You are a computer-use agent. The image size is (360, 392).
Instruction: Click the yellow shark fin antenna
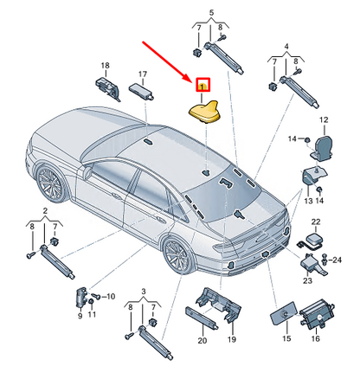tap(203, 112)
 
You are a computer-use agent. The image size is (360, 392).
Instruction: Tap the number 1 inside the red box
tap(202, 86)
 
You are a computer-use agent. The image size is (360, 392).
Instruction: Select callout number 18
tap(106, 66)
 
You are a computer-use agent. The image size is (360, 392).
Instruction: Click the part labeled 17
tap(140, 90)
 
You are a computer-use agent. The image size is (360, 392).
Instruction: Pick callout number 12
tap(324, 119)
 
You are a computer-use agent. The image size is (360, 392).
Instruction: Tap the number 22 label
tap(316, 222)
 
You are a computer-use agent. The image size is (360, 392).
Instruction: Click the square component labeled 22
tap(314, 239)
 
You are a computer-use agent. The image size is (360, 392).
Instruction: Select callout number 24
tap(337, 260)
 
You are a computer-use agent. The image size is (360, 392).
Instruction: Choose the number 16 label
tap(316, 338)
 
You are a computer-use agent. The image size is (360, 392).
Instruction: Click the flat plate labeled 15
tap(283, 313)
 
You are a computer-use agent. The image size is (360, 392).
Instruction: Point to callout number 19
tap(232, 339)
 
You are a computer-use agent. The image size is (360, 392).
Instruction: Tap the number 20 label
tap(202, 340)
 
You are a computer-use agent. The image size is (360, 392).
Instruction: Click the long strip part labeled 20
tap(202, 318)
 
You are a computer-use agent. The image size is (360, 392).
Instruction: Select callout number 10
tap(111, 296)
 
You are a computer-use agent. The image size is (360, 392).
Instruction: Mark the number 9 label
tap(80, 316)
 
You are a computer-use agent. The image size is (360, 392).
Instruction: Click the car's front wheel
tap(51, 183)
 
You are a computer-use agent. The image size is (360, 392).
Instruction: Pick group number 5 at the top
tap(211, 13)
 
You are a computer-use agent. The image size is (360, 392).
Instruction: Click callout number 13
tap(308, 201)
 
